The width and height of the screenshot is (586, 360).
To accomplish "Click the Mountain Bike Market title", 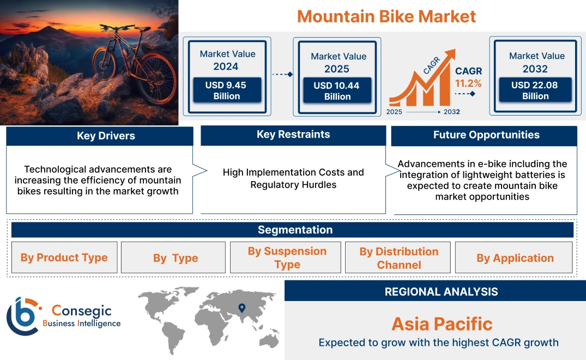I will pos(386,16).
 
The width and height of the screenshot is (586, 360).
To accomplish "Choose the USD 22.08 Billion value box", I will pos(535,91).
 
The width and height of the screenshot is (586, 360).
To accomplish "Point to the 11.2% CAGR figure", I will pos(468,83).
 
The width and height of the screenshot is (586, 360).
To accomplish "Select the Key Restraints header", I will pos(293,135).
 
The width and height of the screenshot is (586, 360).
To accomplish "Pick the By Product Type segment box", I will pos(64,257).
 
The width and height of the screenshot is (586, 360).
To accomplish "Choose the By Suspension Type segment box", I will pos(287,257).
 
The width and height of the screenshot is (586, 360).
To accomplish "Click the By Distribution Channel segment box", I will pos(398,257).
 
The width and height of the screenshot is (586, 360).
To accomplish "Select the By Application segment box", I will pos(515,257).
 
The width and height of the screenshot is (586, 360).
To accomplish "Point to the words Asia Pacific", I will pos(442,324).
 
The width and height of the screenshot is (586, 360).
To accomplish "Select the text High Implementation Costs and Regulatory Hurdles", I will pos(293,178).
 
